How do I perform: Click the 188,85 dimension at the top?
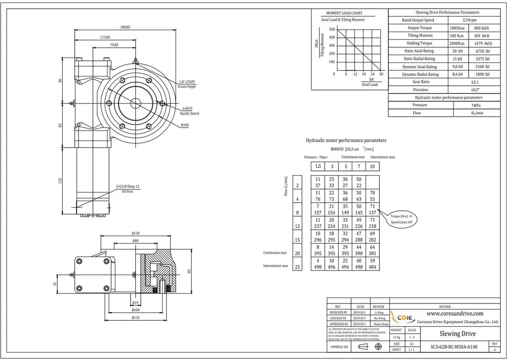(x=125, y=27)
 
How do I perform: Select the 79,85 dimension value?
(x=114, y=45)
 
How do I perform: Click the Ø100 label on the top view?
(x=185, y=125)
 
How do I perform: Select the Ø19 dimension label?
(x=135, y=303)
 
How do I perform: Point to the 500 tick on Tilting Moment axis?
(x=332, y=29)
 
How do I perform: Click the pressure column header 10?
(x=372, y=167)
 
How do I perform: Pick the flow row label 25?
(x=298, y=267)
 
